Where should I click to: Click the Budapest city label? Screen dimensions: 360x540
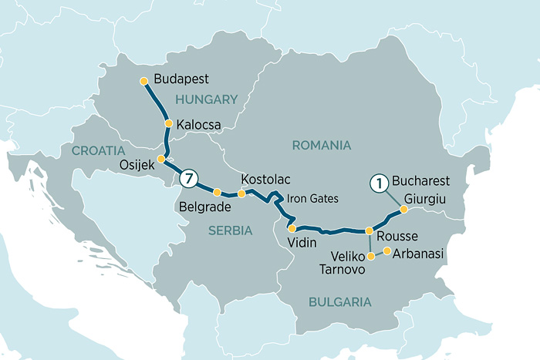tap(181, 79)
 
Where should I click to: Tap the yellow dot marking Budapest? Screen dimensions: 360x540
tap(142, 80)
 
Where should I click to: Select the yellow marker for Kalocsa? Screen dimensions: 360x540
tap(168, 123)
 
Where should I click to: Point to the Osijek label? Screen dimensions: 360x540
tap(136, 163)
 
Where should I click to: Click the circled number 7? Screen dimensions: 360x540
tap(189, 180)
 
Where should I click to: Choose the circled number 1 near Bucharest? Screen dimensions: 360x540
tap(378, 183)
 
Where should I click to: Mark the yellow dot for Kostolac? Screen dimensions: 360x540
tap(241, 194)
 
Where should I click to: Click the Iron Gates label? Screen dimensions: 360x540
tap(312, 198)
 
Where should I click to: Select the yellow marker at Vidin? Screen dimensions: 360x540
tap(292, 228)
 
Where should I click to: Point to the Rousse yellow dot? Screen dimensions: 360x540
tap(370, 231)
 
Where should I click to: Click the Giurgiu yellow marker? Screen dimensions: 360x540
tap(403, 209)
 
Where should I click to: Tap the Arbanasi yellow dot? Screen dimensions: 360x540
tap(386, 251)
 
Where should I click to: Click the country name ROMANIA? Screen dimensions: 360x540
tap(322, 145)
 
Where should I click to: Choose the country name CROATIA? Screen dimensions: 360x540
tap(98, 150)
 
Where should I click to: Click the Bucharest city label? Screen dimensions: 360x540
tap(420, 180)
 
